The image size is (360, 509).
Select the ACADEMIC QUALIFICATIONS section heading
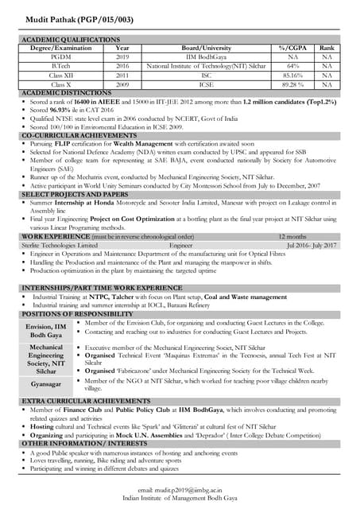(x=71, y=39)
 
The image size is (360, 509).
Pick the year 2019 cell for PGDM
(x=122, y=56)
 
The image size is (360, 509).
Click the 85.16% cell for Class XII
(x=292, y=74)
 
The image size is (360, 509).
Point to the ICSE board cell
(x=206, y=83)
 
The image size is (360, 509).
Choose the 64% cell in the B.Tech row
(x=292, y=65)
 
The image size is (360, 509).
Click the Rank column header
(x=327, y=48)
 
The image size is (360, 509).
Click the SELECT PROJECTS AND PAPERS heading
(x=75, y=194)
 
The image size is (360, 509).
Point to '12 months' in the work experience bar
(x=291, y=237)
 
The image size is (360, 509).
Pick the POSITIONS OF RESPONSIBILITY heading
(x=72, y=314)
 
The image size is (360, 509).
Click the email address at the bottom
(x=180, y=492)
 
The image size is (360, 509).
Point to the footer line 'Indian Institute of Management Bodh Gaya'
(x=180, y=499)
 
